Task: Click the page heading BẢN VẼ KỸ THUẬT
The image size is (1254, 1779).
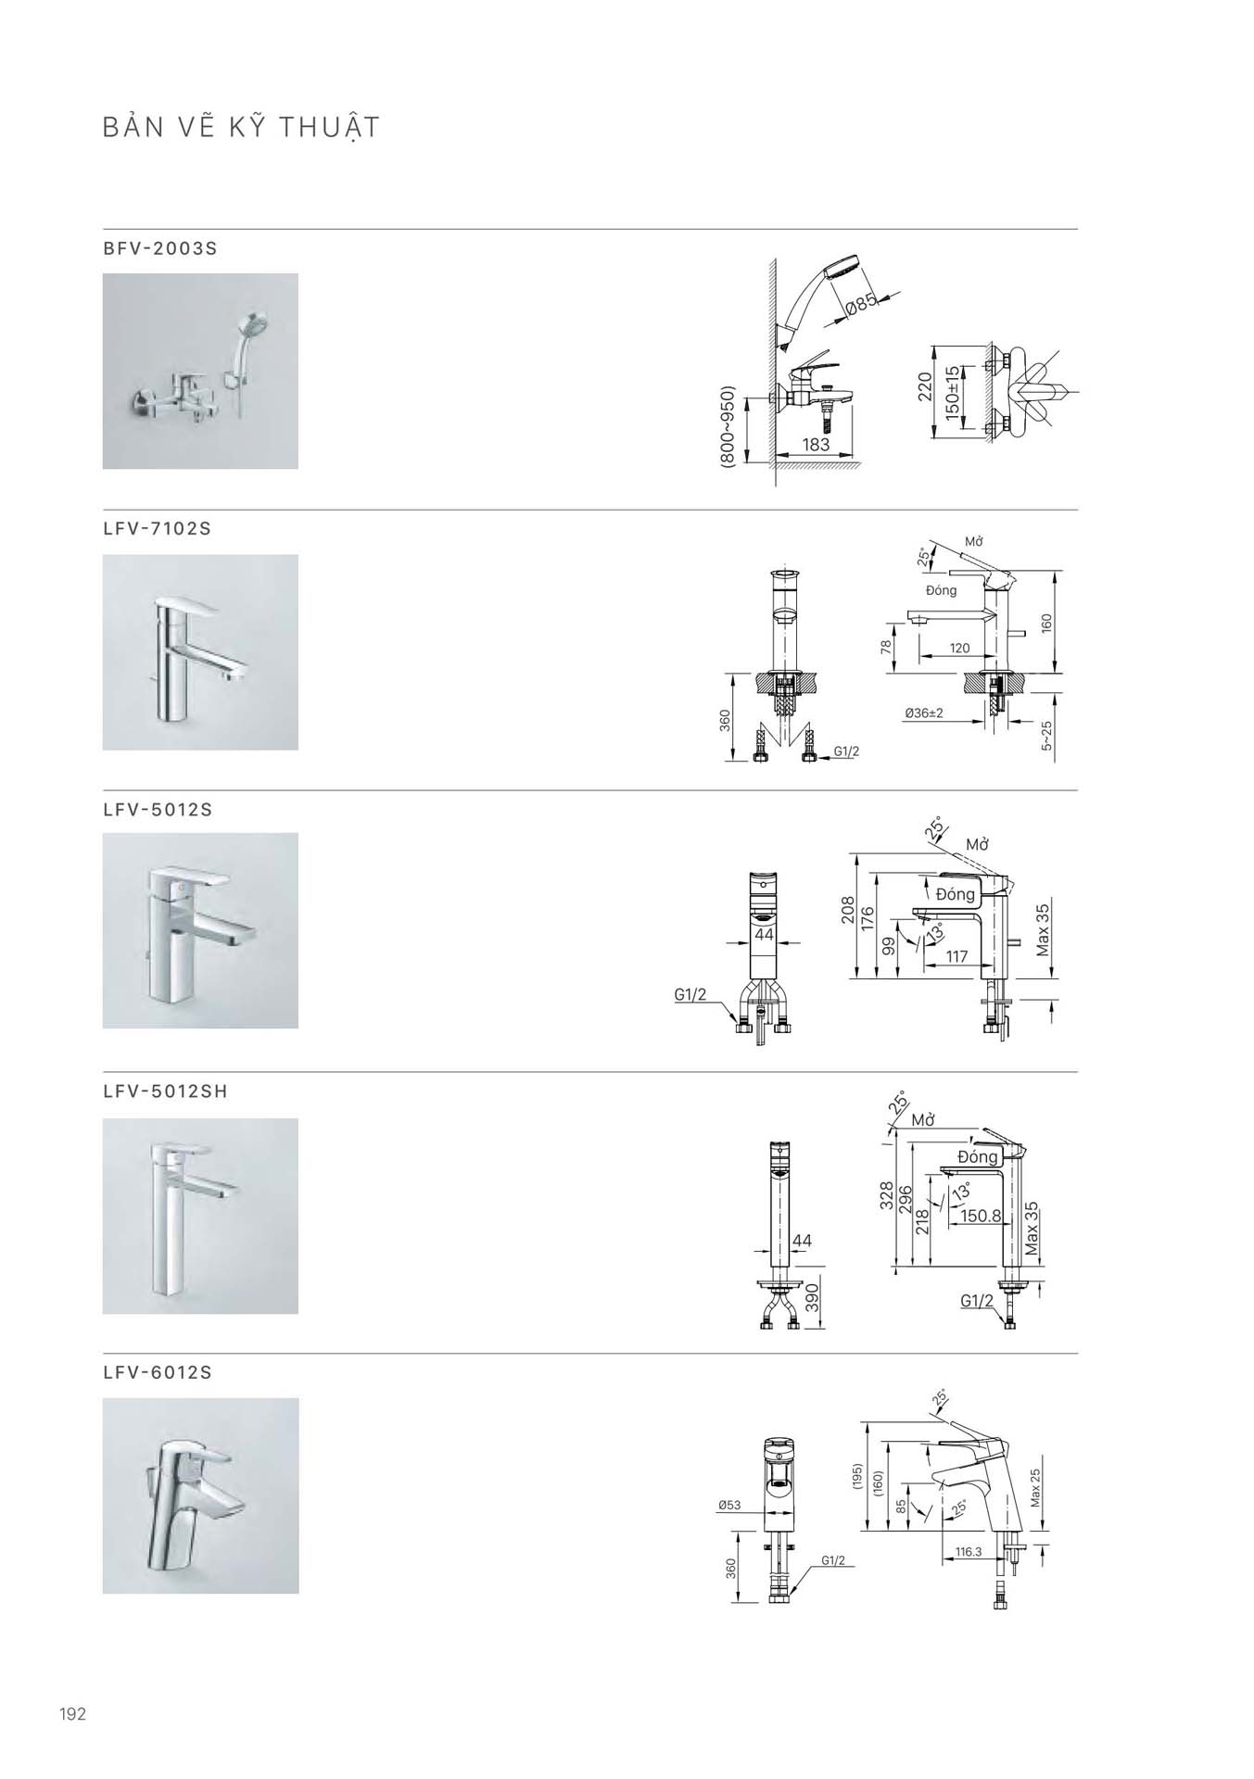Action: [x=241, y=127]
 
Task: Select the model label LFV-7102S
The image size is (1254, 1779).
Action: [x=158, y=529]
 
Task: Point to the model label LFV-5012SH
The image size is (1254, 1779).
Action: [x=166, y=1091]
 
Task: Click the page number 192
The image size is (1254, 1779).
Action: [x=72, y=1714]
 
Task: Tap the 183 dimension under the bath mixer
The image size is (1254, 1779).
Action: [x=816, y=445]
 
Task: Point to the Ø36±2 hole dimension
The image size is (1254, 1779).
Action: [x=924, y=713]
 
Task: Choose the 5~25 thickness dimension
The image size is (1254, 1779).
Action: [x=1046, y=736]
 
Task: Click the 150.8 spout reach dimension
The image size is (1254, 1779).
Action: [x=981, y=1216]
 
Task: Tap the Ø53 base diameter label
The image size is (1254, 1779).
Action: [x=729, y=1506]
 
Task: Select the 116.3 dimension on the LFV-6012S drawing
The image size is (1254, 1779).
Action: [x=968, y=1551]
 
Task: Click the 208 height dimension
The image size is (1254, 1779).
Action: [x=846, y=911]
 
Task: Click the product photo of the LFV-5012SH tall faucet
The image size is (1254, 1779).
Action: [x=200, y=1216]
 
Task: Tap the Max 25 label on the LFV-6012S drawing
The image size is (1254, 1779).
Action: [x=1035, y=1486]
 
